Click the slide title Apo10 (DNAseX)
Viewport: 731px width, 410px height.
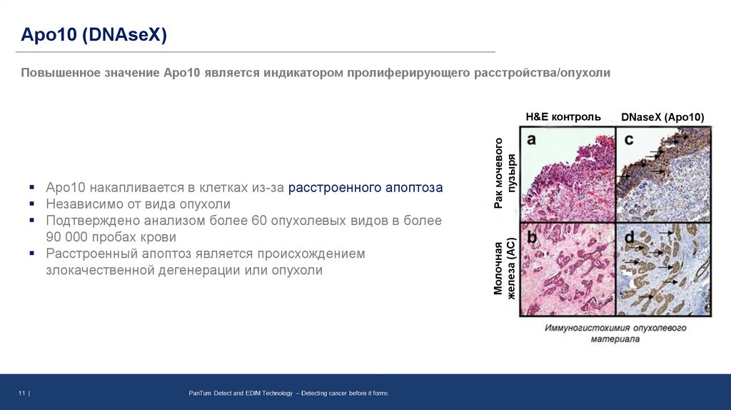[x=93, y=34]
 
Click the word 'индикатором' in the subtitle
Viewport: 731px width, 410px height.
[x=300, y=73]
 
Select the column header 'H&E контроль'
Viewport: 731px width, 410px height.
[x=563, y=117]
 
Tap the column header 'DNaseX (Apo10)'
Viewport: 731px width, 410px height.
[x=662, y=117]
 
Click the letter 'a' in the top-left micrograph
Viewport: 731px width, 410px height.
[x=531, y=140]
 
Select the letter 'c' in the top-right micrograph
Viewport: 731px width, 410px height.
[x=629, y=140]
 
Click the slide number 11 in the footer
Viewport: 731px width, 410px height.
[x=22, y=394]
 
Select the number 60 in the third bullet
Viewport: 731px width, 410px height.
[x=259, y=221]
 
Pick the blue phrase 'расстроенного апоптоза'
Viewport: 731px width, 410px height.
[x=365, y=188]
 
